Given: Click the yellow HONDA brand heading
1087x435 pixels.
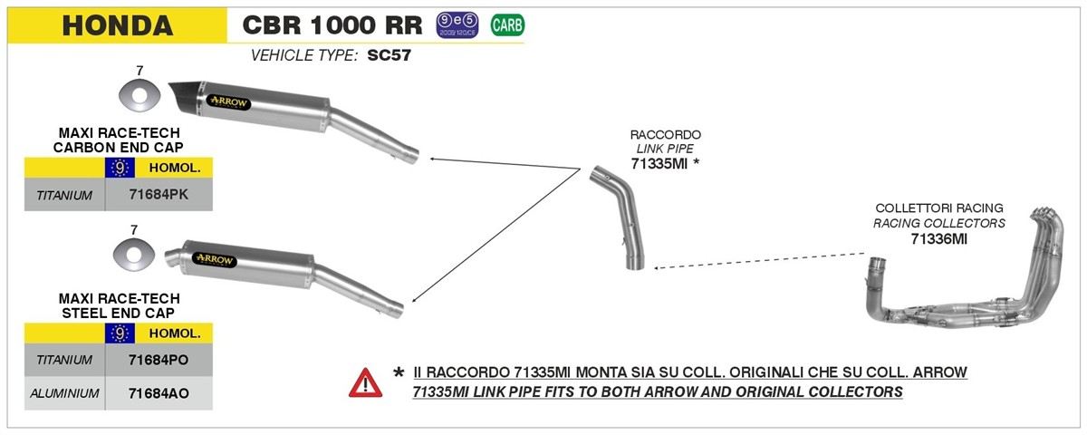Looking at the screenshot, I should [x=117, y=25].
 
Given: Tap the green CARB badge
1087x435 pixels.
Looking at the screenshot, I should [x=506, y=24].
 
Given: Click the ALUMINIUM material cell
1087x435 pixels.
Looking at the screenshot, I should [x=64, y=393].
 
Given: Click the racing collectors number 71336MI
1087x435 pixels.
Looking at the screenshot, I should [x=938, y=238].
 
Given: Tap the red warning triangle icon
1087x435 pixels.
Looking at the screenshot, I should [x=365, y=382].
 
